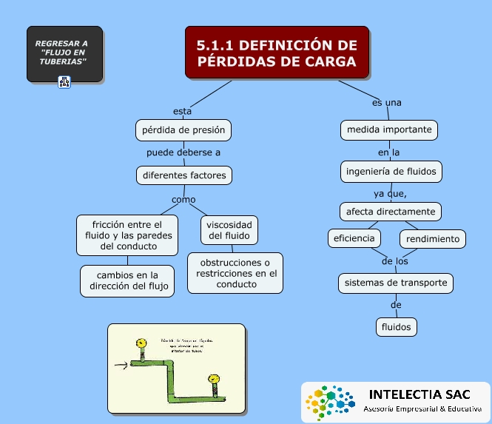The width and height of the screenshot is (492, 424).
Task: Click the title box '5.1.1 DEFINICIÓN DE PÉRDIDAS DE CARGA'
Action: pos(277,53)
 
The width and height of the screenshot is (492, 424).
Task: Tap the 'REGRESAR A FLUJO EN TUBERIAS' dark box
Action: pos(64,53)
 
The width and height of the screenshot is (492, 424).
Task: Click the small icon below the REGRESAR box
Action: pos(64,82)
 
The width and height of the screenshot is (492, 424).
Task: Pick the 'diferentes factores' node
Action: pos(184,175)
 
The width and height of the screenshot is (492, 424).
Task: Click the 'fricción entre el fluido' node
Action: pos(127,235)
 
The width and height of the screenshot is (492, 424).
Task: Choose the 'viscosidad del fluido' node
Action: pos(229,230)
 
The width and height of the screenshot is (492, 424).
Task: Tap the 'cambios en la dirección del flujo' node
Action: pos(127,280)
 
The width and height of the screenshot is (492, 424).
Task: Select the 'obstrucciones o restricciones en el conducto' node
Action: pos(236,273)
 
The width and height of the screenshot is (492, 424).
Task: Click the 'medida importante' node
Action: pos(390,129)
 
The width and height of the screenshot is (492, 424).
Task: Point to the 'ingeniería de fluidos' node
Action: pos(392,172)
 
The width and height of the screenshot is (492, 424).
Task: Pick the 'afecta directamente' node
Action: pos(391,212)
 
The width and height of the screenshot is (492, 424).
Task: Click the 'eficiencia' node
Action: pos(355,238)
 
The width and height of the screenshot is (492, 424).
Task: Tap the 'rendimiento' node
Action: pos(433,238)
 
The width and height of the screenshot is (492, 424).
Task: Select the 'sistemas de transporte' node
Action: pos(396,283)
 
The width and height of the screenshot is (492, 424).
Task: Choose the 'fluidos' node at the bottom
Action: pos(396,326)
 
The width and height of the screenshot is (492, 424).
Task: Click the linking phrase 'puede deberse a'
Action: pos(183,152)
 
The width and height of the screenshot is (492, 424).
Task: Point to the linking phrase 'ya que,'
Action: pos(390,193)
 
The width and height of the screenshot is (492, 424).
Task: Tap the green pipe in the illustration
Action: pos(172,382)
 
